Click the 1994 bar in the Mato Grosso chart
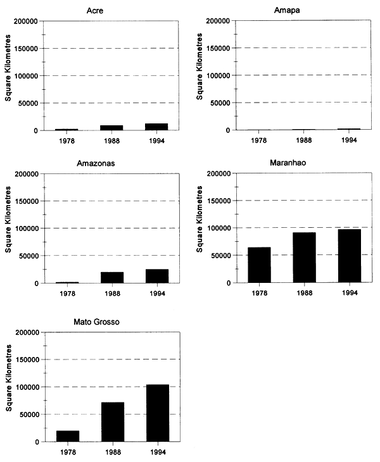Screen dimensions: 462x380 tap(158, 413)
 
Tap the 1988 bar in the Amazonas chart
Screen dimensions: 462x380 tap(113, 277)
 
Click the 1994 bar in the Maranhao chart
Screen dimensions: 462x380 tap(349, 256)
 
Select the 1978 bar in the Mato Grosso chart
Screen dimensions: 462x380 tap(68, 436)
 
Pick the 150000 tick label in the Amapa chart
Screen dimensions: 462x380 tap(215, 48)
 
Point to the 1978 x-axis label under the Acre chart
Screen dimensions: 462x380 tap(68, 140)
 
